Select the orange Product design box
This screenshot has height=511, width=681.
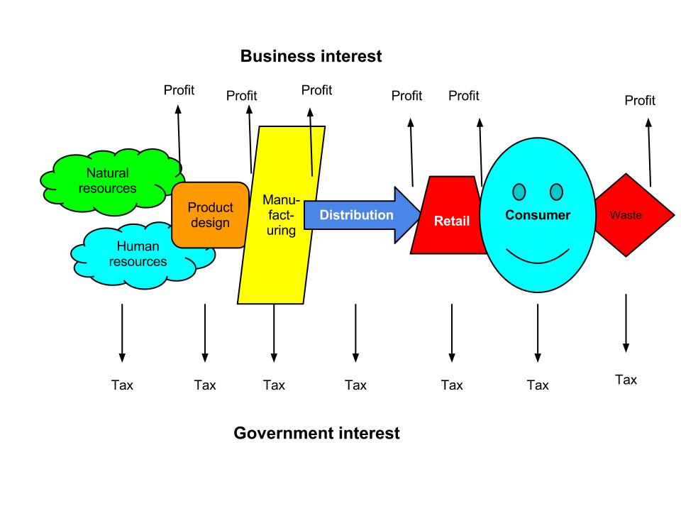click(x=210, y=215)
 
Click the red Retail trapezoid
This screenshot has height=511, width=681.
click(x=451, y=220)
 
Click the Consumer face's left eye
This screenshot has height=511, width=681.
click(x=519, y=192)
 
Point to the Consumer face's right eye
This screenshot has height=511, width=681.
click(x=556, y=192)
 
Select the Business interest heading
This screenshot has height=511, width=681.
click(x=311, y=57)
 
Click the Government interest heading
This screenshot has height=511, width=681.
click(x=316, y=433)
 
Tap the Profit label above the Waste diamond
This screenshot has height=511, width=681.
click(x=640, y=101)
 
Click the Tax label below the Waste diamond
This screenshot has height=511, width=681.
click(x=626, y=380)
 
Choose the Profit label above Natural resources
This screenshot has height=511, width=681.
click(x=179, y=90)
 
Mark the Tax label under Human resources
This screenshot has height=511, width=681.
click(x=122, y=385)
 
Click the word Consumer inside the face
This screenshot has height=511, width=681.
click(x=538, y=215)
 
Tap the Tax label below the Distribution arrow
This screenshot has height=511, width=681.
click(x=355, y=385)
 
